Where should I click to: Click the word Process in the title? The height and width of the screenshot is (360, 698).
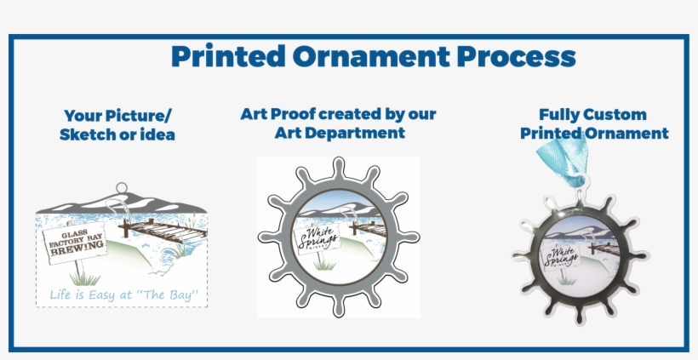517,56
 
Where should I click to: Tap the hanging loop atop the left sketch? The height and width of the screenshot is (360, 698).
121,186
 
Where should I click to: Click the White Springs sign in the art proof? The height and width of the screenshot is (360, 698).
317,237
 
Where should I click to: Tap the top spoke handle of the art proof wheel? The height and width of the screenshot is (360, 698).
339,167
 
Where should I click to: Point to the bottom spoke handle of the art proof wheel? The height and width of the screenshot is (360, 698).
339,306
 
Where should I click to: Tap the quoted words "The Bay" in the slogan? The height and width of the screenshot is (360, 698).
173,295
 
